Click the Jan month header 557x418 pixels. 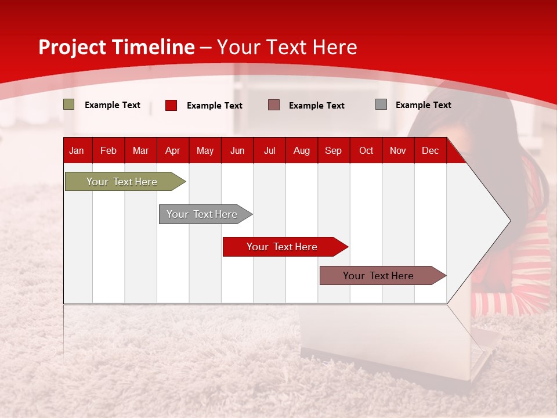[x=77, y=151]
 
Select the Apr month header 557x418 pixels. [x=173, y=151]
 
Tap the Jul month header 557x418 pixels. [x=270, y=151]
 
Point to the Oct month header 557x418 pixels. [x=366, y=151]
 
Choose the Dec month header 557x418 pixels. [x=430, y=151]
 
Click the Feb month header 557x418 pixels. [x=108, y=151]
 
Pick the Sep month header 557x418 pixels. [x=333, y=151]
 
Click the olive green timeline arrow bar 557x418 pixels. [x=125, y=181]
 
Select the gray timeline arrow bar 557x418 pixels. [x=205, y=214]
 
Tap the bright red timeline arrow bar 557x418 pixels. [x=285, y=247]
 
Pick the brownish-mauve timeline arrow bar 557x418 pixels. [x=383, y=275]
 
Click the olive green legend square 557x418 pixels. [x=69, y=104]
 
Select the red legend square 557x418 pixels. [x=171, y=105]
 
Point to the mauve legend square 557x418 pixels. [x=274, y=105]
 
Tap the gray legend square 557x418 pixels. [x=381, y=104]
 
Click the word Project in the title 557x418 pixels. [x=72, y=48]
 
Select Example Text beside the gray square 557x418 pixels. [x=424, y=105]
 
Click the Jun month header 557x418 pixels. [x=237, y=151]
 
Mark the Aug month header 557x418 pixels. [x=302, y=151]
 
